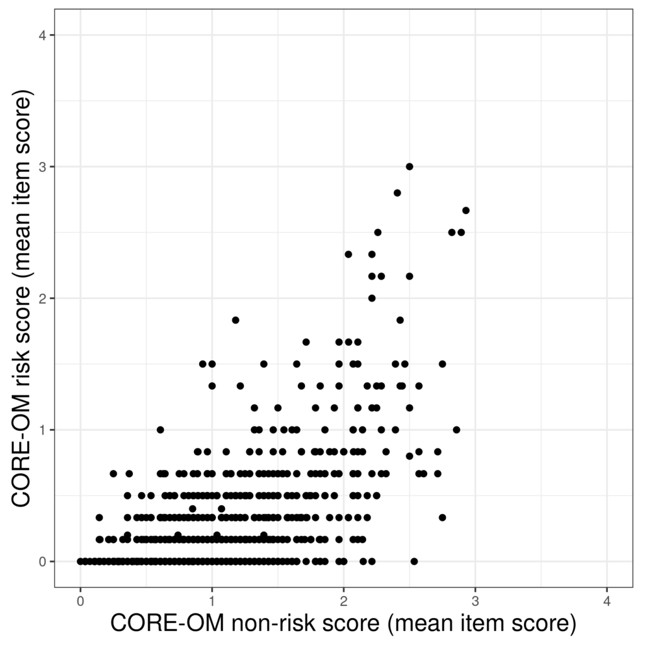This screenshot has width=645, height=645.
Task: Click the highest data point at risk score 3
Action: coord(409,166)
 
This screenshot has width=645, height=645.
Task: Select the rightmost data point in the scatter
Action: coord(465,210)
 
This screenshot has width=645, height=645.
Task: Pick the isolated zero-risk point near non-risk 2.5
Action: coord(414,561)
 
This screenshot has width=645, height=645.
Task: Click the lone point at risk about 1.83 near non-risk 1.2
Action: coord(236,320)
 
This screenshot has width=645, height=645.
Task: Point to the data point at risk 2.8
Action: coord(397,193)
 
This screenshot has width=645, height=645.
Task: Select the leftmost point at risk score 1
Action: coord(160,430)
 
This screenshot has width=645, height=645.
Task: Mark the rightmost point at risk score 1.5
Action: coord(442,364)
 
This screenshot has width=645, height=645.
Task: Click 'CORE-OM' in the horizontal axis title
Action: coord(166,624)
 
